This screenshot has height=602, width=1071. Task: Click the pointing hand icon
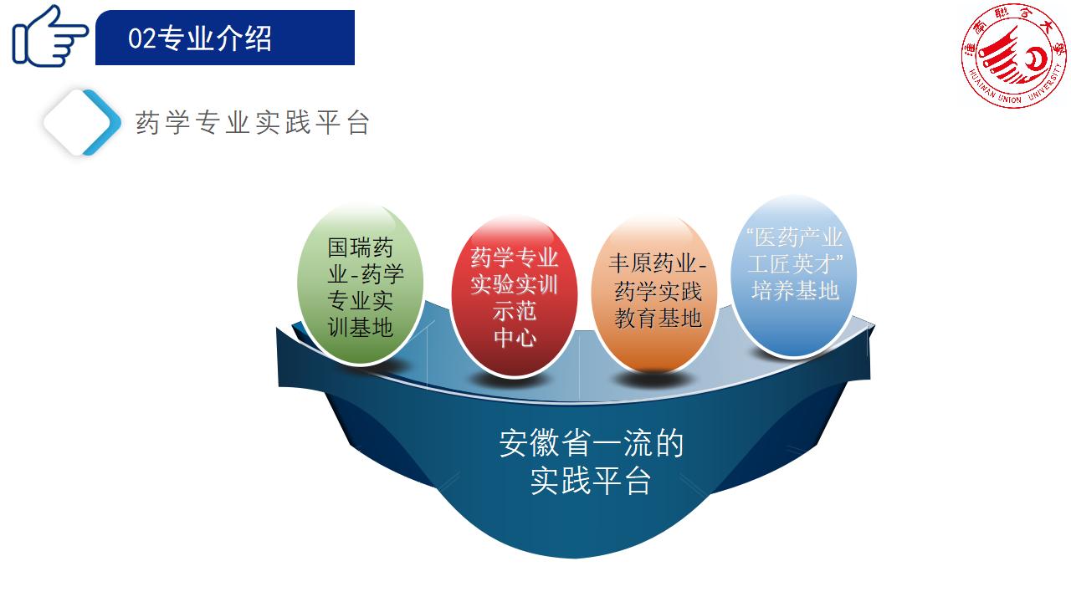[49, 37]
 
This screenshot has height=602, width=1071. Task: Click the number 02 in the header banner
[142, 38]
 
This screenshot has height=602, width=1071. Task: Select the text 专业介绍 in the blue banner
[215, 38]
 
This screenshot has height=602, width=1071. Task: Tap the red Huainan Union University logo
[1013, 56]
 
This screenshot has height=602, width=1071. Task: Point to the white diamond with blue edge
[82, 122]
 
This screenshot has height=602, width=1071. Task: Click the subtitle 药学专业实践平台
[253, 123]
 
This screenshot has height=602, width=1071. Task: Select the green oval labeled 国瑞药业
[360, 284]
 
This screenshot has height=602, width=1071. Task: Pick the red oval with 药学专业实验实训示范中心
[514, 296]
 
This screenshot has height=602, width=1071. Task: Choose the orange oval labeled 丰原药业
[654, 293]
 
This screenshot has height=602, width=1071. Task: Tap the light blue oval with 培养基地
[794, 276]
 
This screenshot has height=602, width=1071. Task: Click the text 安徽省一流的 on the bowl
[592, 443]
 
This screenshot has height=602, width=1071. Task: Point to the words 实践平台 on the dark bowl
[591, 480]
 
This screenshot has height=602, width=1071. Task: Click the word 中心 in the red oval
[515, 338]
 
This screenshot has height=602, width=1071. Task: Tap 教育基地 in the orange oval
[658, 319]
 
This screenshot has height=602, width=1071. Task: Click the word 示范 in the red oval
[515, 312]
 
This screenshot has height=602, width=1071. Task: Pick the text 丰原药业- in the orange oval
[658, 263]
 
